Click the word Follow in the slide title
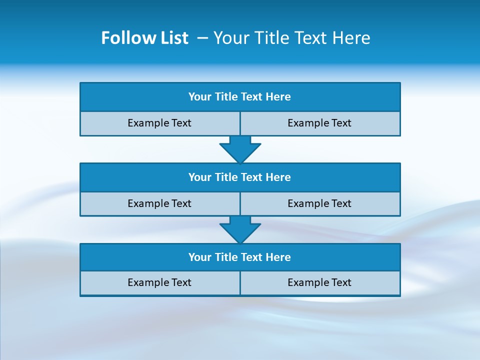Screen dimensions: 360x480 [125, 38]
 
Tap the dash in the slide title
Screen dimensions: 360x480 [203, 38]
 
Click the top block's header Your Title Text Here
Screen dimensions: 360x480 [239, 97]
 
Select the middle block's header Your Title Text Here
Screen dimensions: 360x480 [239, 177]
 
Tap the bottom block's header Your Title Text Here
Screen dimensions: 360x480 [239, 257]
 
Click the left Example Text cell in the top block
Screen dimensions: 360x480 [159, 123]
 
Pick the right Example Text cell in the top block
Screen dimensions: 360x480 [319, 123]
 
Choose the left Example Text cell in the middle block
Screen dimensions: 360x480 [159, 203]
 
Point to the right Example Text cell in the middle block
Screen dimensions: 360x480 [319, 203]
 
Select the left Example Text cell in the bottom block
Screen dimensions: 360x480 [159, 282]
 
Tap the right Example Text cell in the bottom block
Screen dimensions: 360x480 [319, 282]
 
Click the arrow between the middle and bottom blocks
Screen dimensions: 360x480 [240, 229]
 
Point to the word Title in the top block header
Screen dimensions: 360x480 [226, 97]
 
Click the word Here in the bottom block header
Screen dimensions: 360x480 [278, 257]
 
